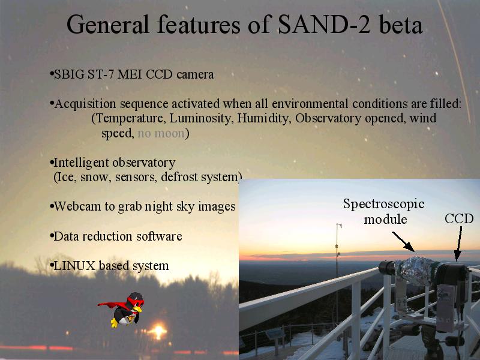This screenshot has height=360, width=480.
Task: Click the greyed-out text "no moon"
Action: [x=161, y=133]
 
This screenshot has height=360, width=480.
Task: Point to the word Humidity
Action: [x=263, y=119]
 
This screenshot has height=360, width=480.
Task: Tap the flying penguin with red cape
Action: [x=124, y=309]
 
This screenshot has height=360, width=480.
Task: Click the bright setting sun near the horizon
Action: [x=158, y=331]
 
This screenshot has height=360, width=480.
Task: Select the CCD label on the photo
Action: [x=459, y=218]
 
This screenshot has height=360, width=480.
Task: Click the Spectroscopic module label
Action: [x=384, y=212]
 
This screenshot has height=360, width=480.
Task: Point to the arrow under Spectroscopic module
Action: [x=403, y=242]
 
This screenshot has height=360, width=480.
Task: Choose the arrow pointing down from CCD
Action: [x=458, y=244]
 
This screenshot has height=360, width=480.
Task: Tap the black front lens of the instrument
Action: [x=386, y=268]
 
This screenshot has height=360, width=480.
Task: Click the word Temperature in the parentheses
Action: [x=130, y=119]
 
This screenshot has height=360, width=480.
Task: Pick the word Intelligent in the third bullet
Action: [x=81, y=163]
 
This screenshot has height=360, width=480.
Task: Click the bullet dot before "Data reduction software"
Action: [x=52, y=236]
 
